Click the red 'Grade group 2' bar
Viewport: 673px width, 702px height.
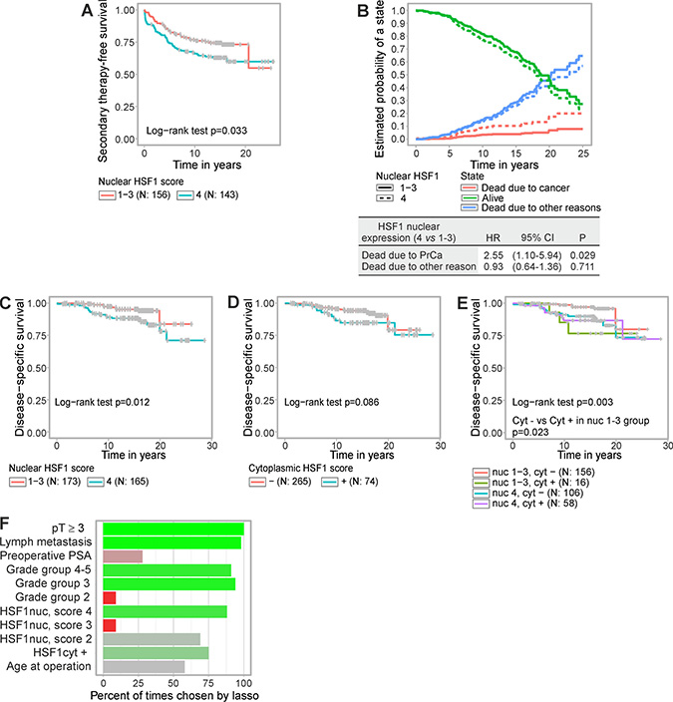pos(109,597)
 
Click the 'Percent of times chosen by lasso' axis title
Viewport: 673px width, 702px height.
pos(172,693)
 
